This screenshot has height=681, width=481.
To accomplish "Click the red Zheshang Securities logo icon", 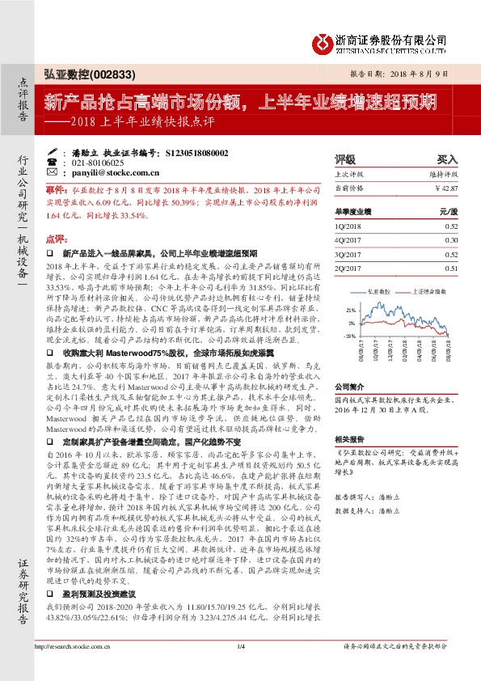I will (x=323, y=41).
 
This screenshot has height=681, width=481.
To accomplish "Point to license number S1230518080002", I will (x=193, y=152).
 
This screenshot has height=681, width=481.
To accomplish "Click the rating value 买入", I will (x=447, y=159).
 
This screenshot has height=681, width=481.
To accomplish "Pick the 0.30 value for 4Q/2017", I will (x=451, y=240).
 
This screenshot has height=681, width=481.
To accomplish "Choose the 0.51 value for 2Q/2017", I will (x=451, y=268).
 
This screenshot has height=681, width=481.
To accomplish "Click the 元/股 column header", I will (x=448, y=211).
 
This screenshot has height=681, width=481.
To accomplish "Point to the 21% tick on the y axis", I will (x=351, y=309).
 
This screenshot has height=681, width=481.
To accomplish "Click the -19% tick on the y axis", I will (x=350, y=335).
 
